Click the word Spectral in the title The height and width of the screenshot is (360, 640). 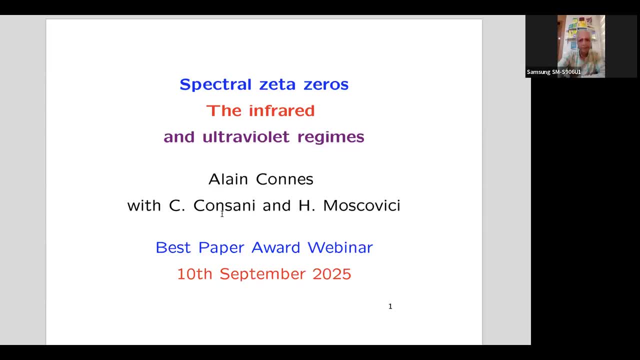tap(215, 84)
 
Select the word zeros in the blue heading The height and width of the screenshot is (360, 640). tap(326, 84)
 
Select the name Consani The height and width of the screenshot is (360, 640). tap(224, 205)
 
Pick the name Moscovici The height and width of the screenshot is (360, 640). tap(361, 205)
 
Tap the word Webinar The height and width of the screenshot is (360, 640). tap(340, 247)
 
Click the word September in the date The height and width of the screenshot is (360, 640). tap(262, 274)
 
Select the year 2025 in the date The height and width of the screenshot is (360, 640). tap(332, 274)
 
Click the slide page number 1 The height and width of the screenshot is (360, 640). tap(390, 306)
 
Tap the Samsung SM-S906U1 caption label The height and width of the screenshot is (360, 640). tap(553, 72)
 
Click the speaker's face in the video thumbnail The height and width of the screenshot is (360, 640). tap(583, 42)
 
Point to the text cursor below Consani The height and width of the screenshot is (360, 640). tap(222, 214)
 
